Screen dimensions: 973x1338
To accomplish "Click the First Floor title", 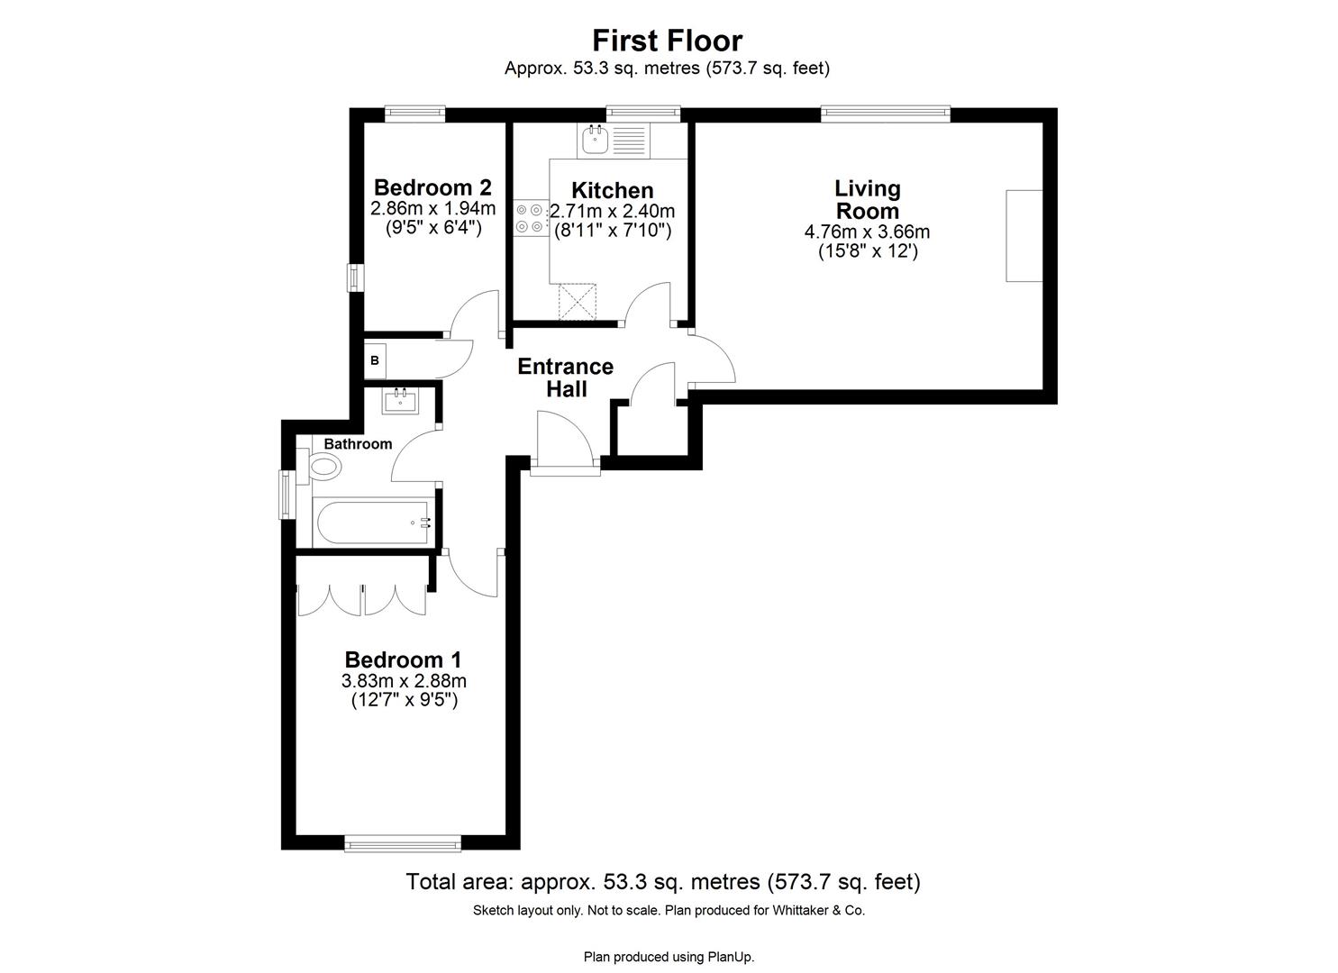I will pos(667,41).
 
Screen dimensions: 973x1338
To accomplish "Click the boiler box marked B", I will pos(375,360).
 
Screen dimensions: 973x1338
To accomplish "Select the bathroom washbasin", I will pos(399,400).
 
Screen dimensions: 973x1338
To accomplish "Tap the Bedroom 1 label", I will pos(403,660).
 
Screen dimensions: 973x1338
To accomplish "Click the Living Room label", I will pos(867,199).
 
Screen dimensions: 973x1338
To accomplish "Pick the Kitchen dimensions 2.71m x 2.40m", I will pos(613,212).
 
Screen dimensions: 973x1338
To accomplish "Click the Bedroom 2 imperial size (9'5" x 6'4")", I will pos(432,227).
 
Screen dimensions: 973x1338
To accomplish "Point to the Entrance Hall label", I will pos(565,377).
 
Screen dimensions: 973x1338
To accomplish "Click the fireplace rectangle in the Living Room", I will pos(1024,235).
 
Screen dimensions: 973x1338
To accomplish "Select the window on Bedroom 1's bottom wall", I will pos(403,843).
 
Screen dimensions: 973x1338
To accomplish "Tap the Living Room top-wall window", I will pos(885,114).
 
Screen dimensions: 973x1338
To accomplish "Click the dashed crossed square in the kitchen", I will pos(578,302).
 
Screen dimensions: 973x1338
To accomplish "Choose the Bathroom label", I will pos(358,444).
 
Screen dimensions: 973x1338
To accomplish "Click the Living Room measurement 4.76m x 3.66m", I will pos(867,232).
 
